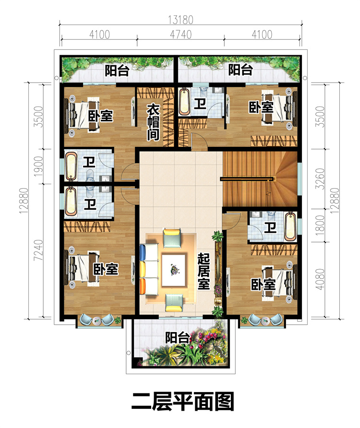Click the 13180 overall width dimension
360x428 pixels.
[180, 20]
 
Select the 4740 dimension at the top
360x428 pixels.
[180, 35]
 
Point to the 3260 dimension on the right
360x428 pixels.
[320, 179]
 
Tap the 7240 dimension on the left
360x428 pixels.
[38, 250]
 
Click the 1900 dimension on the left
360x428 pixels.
[38, 166]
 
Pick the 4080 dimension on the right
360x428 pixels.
[320, 279]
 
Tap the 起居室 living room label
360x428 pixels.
[204, 271]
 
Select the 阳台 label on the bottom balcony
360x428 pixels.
[177, 338]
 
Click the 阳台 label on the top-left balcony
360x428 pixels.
[117, 71]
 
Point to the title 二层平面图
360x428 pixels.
[183, 402]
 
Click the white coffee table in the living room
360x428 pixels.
[174, 270]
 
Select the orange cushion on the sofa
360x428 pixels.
[143, 286]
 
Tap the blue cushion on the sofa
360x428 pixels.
[143, 252]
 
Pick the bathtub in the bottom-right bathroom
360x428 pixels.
[290, 227]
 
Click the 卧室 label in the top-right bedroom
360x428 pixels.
[261, 107]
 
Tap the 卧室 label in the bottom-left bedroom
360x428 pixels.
[106, 269]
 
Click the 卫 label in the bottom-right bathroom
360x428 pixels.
[270, 227]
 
